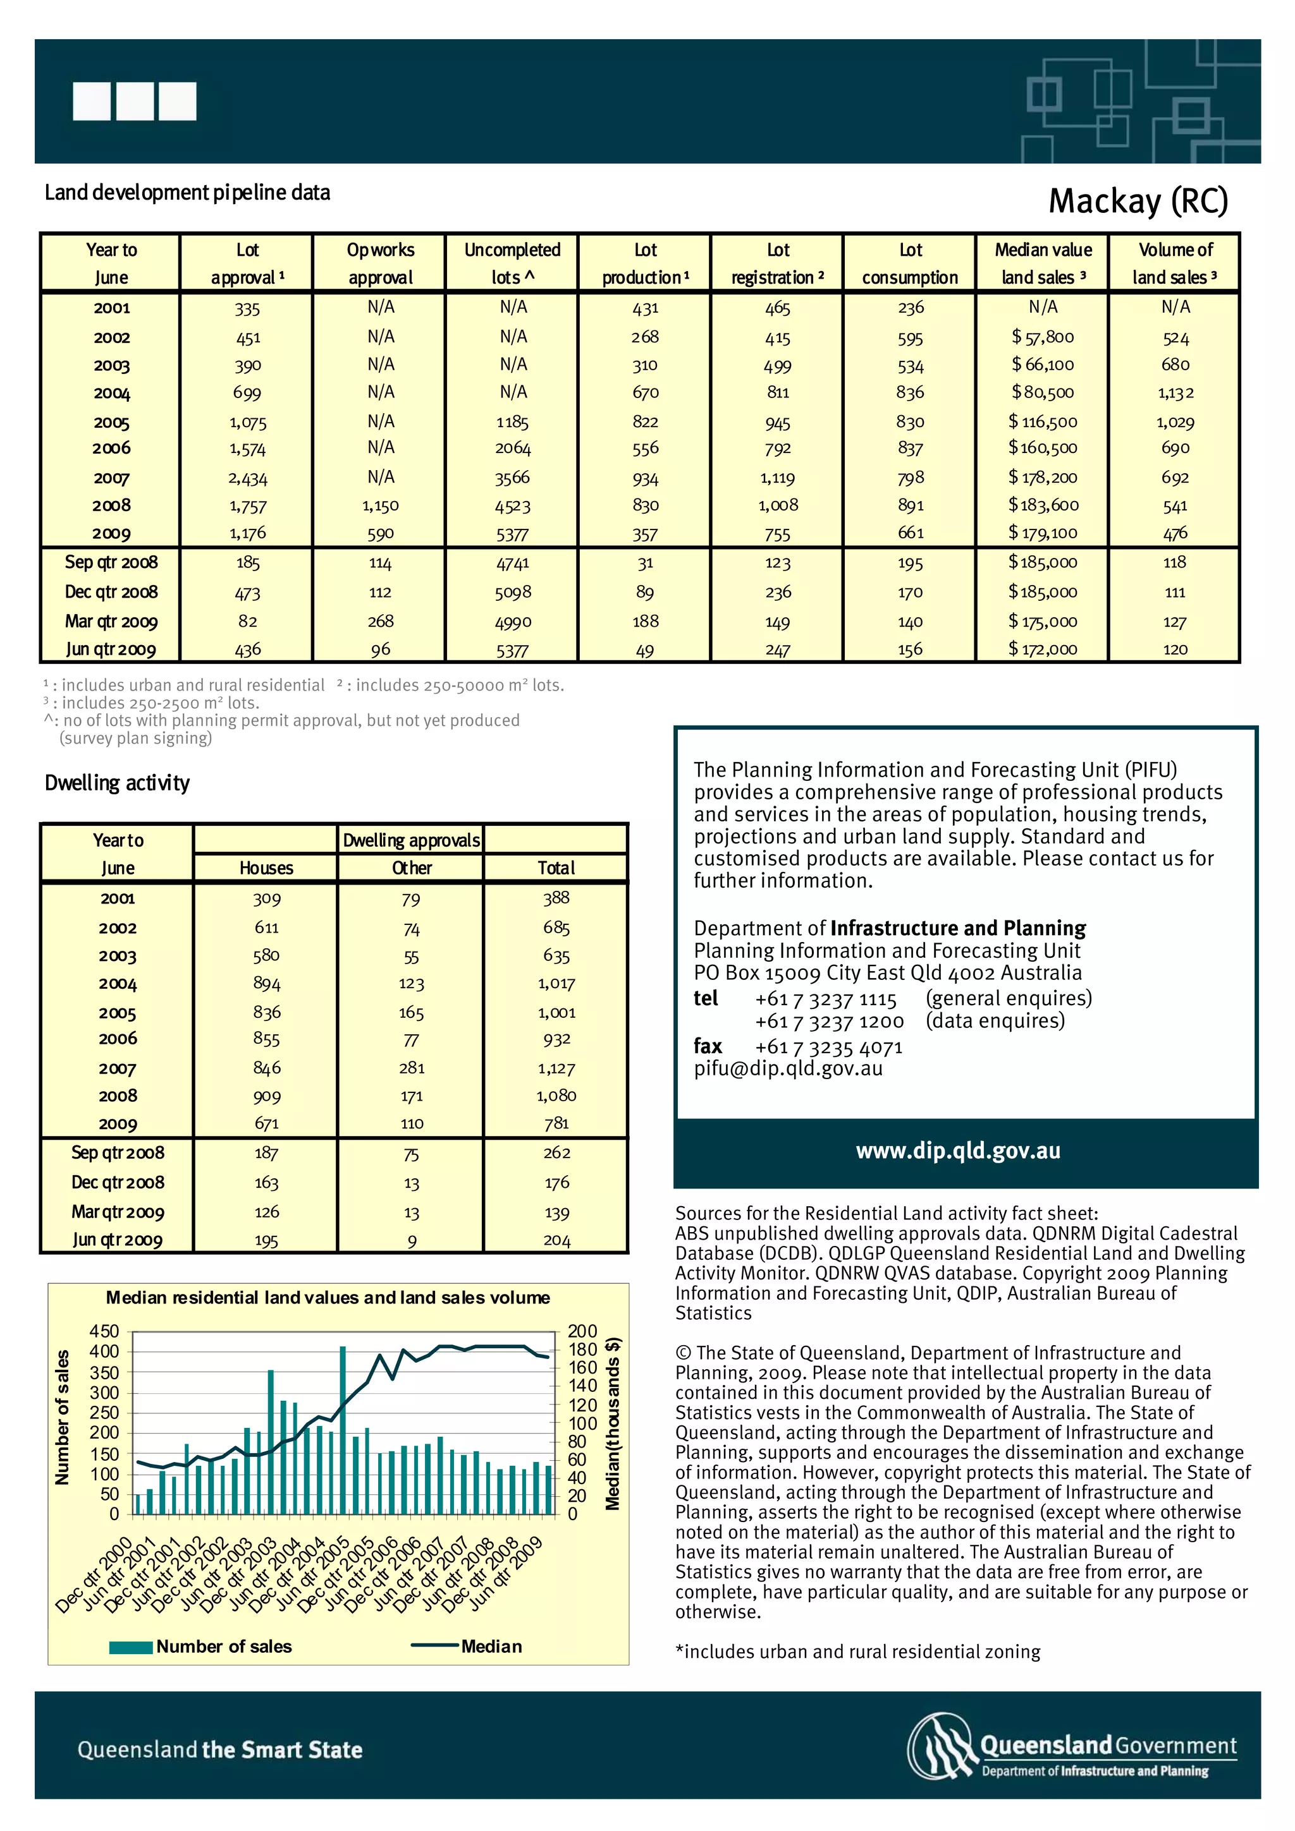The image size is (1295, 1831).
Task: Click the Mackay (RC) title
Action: (1137, 201)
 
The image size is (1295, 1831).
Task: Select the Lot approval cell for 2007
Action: (247, 478)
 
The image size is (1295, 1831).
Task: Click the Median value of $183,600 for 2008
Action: (1043, 505)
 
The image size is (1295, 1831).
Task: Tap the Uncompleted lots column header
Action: (512, 263)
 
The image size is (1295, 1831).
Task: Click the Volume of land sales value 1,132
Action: (1175, 392)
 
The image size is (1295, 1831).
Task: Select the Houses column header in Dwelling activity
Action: (266, 867)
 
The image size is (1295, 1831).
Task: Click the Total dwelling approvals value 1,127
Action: (556, 1068)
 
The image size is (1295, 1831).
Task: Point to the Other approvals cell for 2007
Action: (412, 1068)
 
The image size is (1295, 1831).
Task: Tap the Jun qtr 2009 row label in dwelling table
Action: (117, 1240)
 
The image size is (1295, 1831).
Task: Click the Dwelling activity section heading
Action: (117, 783)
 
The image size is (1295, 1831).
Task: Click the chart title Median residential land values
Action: (328, 1298)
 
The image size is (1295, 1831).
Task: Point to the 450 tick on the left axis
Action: (104, 1331)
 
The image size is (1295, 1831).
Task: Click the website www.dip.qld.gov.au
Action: (957, 1151)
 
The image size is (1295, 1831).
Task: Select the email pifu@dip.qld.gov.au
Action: (787, 1068)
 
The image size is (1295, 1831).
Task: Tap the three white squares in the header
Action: (134, 101)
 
